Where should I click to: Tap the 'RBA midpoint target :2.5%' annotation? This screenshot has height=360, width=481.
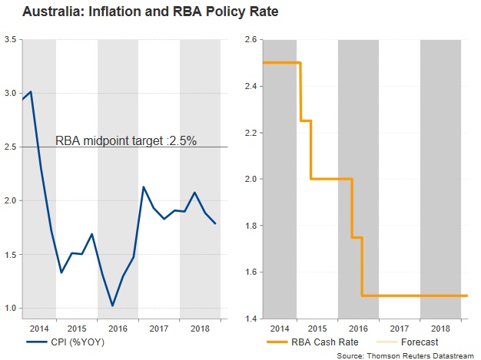(x=127, y=140)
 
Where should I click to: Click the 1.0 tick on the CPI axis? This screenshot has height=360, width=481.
(x=11, y=309)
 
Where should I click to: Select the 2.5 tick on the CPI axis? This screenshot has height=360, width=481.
(x=11, y=147)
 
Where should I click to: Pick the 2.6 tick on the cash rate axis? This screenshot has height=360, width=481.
(x=250, y=39)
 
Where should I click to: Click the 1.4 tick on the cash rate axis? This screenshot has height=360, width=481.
(x=250, y=319)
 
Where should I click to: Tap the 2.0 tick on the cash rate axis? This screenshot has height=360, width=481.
(x=250, y=179)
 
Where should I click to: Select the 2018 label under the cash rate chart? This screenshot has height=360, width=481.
(x=440, y=327)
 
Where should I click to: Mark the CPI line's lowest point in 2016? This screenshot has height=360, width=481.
(x=112, y=306)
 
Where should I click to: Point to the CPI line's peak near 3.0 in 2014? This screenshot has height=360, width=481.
(x=31, y=91)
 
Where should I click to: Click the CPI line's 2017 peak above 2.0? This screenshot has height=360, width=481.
(x=143, y=187)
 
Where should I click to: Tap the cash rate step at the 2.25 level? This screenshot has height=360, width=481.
(x=305, y=121)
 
